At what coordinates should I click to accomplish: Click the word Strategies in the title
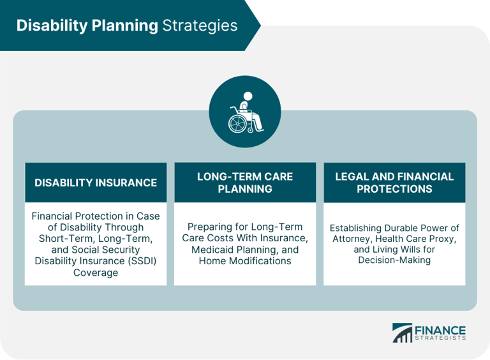[200, 26]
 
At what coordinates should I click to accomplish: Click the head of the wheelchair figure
[248, 96]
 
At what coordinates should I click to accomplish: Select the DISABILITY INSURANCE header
[96, 183]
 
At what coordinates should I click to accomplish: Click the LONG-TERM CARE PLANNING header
[245, 183]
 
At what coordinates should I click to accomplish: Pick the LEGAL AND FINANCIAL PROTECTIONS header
[394, 183]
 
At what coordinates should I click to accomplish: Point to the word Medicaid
[214, 250]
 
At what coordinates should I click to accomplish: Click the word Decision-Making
[394, 260]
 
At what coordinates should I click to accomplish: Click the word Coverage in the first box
[96, 272]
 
